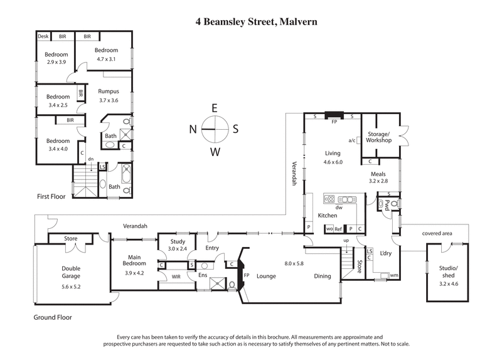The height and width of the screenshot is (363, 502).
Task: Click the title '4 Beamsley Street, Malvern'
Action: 256,22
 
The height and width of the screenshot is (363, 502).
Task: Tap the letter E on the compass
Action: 214,107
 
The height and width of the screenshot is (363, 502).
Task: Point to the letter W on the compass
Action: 214,151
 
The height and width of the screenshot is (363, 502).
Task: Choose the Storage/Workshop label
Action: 379,137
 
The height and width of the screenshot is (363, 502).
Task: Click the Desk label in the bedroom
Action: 43,36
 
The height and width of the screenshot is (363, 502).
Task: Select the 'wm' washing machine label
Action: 393,275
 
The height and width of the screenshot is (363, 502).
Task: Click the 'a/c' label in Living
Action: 351,140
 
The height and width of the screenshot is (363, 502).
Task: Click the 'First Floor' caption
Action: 51,196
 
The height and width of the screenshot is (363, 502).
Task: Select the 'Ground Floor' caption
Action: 53,317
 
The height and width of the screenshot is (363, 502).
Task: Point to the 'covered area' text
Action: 438,233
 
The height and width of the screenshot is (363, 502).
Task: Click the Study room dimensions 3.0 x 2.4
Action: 178,249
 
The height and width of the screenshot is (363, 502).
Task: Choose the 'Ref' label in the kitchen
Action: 338,229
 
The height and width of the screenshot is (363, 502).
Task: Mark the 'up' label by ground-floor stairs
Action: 345,241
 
